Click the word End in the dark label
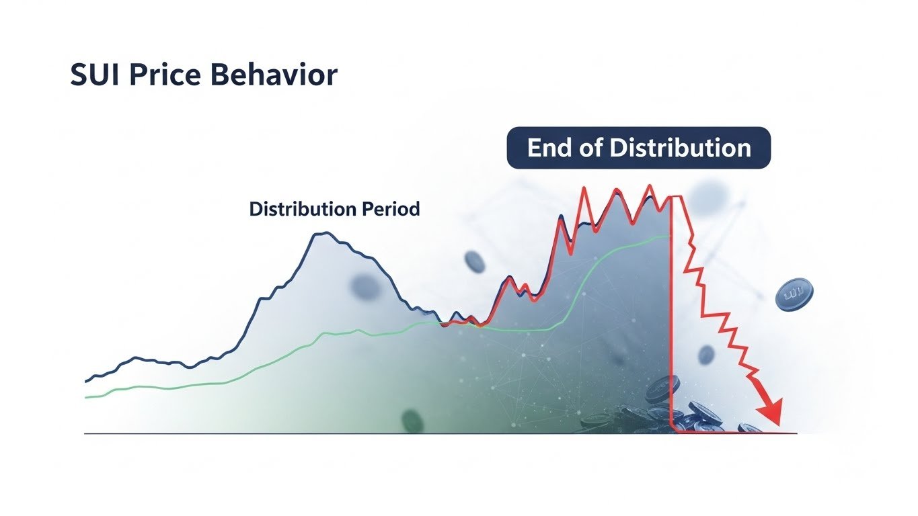tap(547, 148)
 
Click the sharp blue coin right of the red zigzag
tap(794, 295)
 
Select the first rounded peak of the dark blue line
tap(323, 234)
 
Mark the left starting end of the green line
tap(87, 397)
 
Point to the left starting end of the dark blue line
tap(87, 381)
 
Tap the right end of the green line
tap(669, 236)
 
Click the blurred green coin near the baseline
tap(412, 421)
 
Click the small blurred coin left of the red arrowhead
tap(705, 355)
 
